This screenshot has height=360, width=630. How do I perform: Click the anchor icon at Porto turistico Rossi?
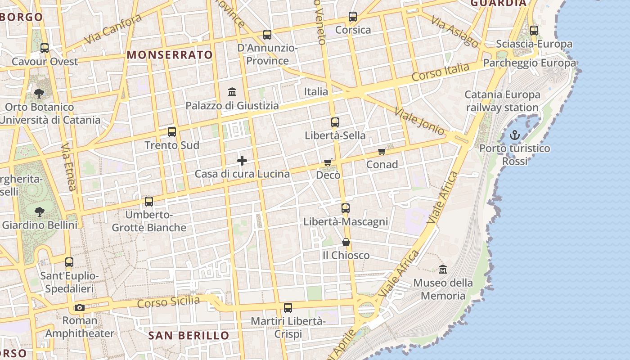pyautogui.click(x=514, y=135)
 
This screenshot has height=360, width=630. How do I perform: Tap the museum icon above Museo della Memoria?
pyautogui.click(x=443, y=269)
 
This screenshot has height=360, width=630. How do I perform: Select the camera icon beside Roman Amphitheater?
pyautogui.click(x=80, y=308)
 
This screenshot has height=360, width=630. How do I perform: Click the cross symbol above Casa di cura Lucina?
pyautogui.click(x=242, y=161)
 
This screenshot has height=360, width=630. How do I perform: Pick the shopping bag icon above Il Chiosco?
pyautogui.click(x=346, y=242)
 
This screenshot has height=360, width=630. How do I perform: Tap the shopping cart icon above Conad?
pyautogui.click(x=382, y=151)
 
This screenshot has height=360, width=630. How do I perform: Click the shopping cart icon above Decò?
pyautogui.click(x=328, y=162)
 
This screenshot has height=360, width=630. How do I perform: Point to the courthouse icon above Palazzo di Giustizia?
pyautogui.click(x=232, y=92)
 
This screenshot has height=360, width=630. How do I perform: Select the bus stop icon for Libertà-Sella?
pyautogui.click(x=335, y=122)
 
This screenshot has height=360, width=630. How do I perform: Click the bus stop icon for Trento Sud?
pyautogui.click(x=171, y=132)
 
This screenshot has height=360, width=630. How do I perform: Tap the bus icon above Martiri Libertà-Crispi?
pyautogui.click(x=288, y=308)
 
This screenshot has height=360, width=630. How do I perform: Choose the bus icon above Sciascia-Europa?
pyautogui.click(x=534, y=31)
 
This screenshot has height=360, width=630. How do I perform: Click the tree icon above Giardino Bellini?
pyautogui.click(x=40, y=211)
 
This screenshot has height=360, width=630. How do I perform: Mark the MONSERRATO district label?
pyautogui.click(x=170, y=55)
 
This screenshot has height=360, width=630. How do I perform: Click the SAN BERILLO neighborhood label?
pyautogui.click(x=189, y=335)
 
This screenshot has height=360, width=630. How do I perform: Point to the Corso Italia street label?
pyautogui.click(x=440, y=72)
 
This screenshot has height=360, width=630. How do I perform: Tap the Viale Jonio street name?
pyautogui.click(x=419, y=120)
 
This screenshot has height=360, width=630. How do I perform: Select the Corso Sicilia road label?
pyautogui.click(x=168, y=301)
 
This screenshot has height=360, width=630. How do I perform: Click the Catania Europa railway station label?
pyautogui.click(x=502, y=101)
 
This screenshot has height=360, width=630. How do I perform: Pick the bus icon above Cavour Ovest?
pyautogui.click(x=45, y=48)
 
